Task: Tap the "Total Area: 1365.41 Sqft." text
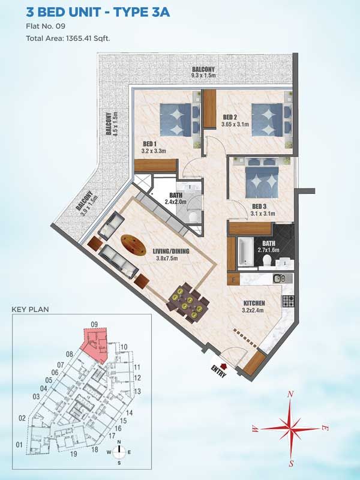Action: pos(68,38)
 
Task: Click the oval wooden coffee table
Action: pos(133,244)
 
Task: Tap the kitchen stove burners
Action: pos(289,301)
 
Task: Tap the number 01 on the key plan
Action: pos(19,445)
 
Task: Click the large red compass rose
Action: pos(290,427)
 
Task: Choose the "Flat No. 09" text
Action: pos(46,26)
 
